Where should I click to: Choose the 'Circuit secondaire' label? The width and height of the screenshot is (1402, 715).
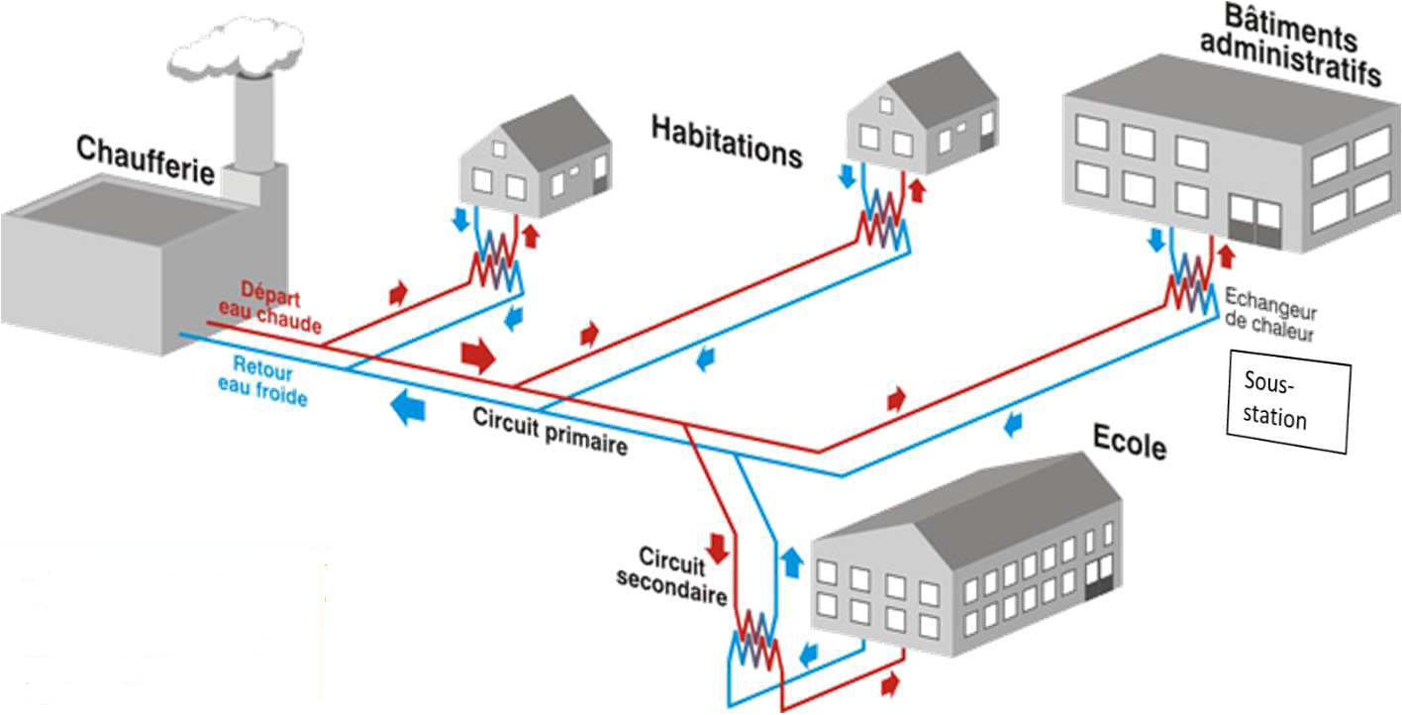[x=671, y=577]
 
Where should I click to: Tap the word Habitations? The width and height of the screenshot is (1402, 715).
[x=726, y=141]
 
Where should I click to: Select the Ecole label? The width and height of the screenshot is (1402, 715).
[x=1130, y=442]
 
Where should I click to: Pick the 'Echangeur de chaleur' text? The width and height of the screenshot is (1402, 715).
[x=1270, y=314]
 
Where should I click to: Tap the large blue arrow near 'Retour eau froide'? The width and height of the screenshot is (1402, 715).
[x=407, y=407]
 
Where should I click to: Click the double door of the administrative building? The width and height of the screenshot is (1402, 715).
[x=1254, y=221]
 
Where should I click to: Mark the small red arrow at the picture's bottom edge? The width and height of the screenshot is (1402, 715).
[x=891, y=682]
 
